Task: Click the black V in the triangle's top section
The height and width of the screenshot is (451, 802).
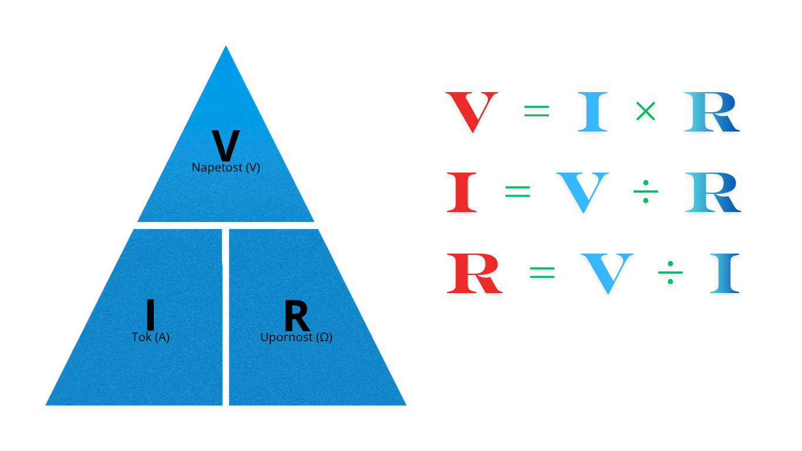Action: (225, 145)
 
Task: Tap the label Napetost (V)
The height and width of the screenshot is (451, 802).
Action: (226, 167)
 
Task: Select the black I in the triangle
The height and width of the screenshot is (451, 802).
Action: (150, 315)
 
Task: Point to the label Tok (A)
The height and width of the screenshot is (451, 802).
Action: (150, 337)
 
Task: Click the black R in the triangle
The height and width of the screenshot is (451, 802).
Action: (297, 315)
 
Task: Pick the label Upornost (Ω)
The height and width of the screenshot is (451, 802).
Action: (296, 337)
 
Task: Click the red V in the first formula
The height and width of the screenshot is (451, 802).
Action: (471, 112)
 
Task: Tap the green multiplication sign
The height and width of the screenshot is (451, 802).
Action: (646, 111)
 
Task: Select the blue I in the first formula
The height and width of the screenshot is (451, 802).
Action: (592, 112)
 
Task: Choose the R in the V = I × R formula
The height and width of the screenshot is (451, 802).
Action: (712, 112)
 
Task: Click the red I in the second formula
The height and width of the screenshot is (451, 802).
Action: (462, 193)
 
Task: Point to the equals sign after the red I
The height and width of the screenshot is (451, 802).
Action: (517, 191)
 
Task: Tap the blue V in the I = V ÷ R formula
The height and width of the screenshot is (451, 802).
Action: (582, 193)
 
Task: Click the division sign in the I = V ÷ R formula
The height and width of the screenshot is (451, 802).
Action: (646, 191)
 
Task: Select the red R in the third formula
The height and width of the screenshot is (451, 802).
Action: (475, 273)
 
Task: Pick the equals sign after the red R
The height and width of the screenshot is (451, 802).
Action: (542, 272)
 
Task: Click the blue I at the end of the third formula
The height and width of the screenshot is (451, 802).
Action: (725, 273)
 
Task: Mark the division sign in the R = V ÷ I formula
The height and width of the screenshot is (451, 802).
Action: (670, 272)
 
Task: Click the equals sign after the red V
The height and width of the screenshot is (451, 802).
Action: (537, 110)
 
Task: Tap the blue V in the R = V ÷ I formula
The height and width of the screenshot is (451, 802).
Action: (607, 273)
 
